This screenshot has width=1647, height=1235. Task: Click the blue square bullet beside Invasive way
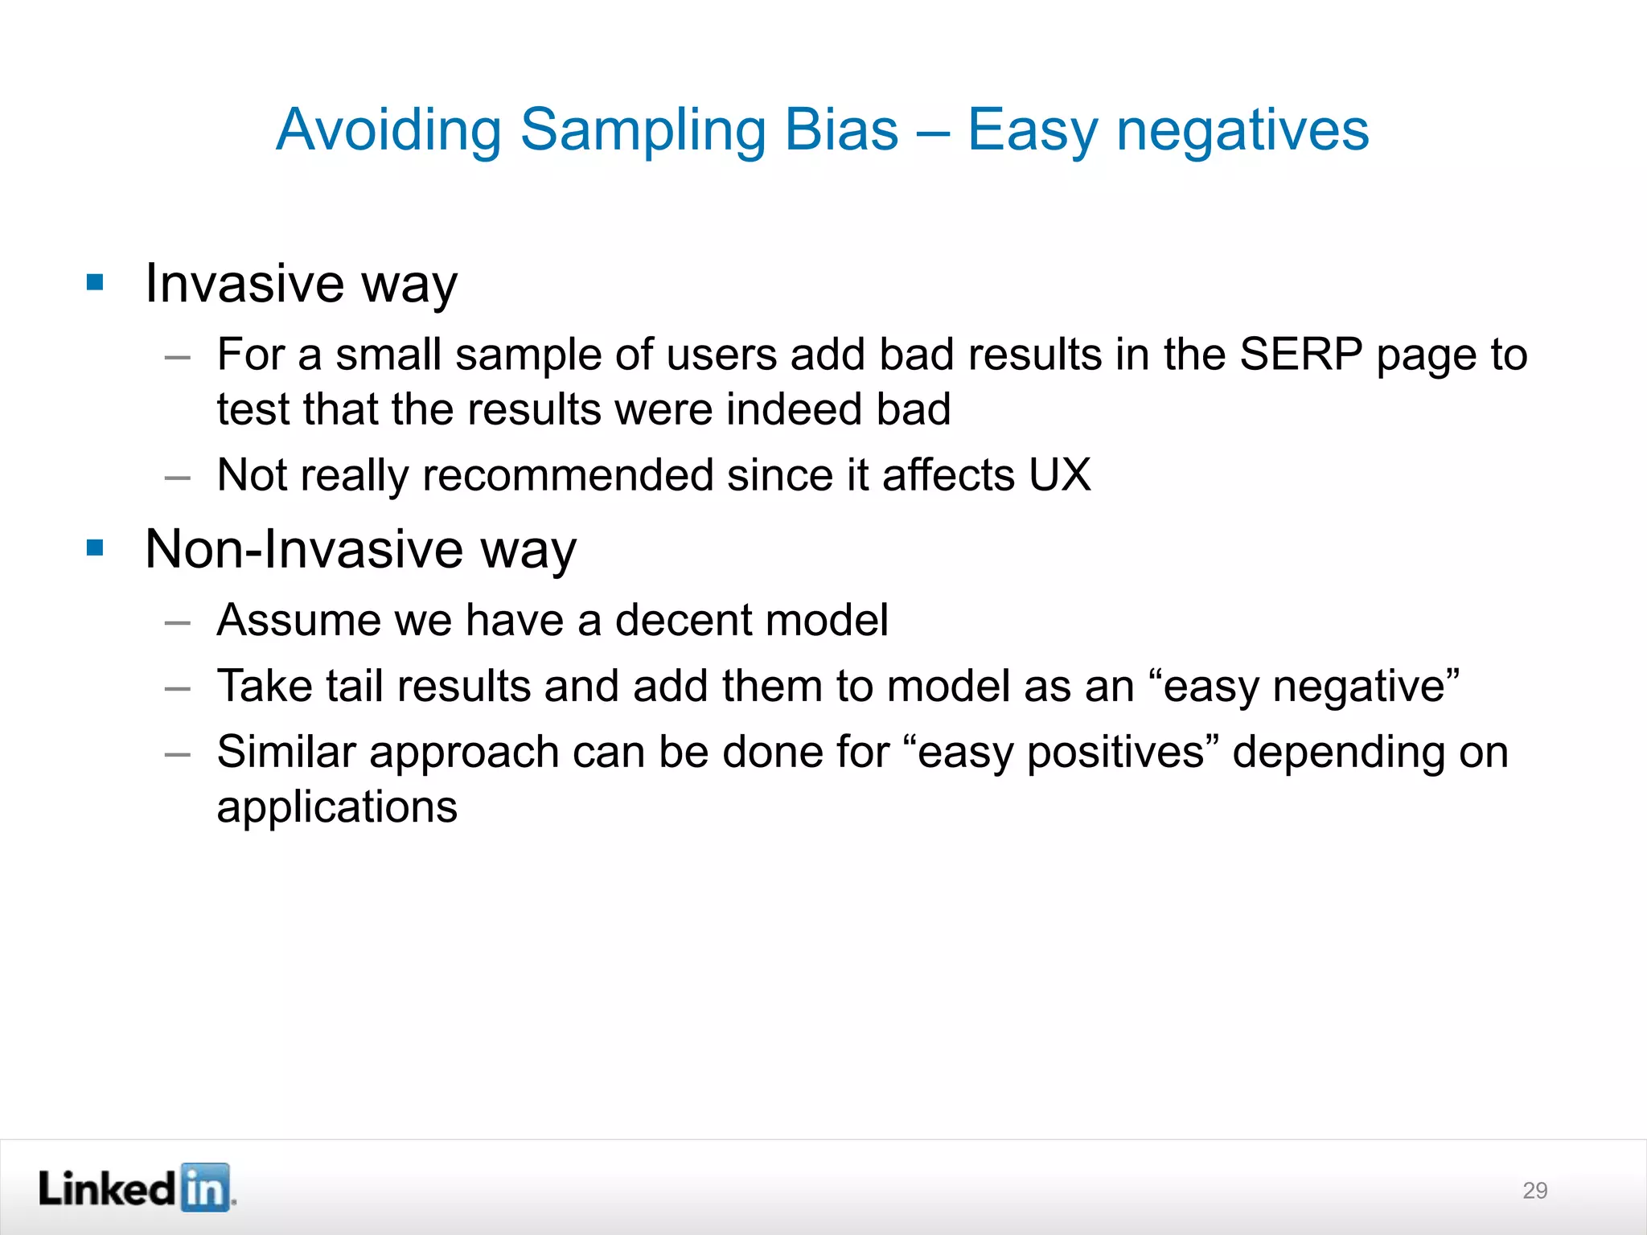(x=95, y=282)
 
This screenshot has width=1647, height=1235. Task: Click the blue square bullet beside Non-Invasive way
(x=95, y=548)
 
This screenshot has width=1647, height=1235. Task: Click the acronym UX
(x=1059, y=474)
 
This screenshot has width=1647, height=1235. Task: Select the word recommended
(x=569, y=474)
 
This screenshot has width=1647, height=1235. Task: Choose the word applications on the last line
(x=337, y=806)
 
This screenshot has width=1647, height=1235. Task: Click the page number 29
(x=1534, y=1191)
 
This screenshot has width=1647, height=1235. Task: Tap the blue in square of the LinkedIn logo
(x=206, y=1188)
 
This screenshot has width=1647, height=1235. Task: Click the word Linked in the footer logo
(x=106, y=1188)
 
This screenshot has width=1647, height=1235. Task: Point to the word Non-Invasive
(x=304, y=549)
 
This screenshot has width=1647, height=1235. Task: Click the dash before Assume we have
(x=177, y=622)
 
